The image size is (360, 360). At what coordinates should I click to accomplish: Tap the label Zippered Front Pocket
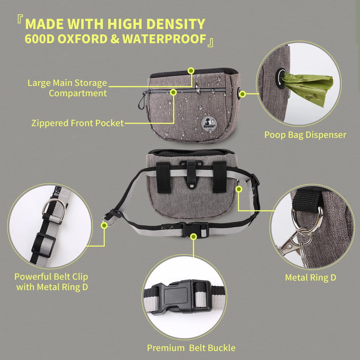click(x=77, y=123)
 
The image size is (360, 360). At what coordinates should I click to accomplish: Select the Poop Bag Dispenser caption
click(x=305, y=135)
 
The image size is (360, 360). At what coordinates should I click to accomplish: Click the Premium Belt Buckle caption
click(x=191, y=348)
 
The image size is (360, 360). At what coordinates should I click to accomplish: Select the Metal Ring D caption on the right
click(x=310, y=277)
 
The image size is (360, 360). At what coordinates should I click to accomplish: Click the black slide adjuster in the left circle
click(x=44, y=245)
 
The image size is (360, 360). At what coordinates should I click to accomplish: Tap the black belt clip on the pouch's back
click(x=191, y=173)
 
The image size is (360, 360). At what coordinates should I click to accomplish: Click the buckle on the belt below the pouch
click(x=194, y=229)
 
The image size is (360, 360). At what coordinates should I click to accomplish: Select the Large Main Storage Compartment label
click(x=67, y=88)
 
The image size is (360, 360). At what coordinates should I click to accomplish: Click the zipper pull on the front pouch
click(x=141, y=102)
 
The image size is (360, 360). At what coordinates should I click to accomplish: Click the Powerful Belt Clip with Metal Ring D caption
click(x=51, y=282)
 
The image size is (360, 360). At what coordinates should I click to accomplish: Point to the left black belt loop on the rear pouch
click(x=163, y=178)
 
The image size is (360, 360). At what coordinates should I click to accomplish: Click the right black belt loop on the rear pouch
click(x=219, y=177)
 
